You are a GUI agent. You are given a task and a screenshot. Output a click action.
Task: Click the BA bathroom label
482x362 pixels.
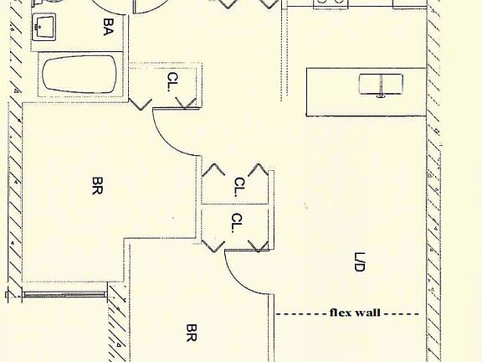[x=108, y=27]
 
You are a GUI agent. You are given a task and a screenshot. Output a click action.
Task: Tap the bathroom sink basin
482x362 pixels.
[x=44, y=27]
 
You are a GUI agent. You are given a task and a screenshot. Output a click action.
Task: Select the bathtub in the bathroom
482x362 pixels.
[x=79, y=75]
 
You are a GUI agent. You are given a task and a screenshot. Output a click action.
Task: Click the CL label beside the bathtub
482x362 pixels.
[x=173, y=81]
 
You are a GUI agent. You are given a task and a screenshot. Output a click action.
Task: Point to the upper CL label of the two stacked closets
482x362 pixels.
[x=239, y=187]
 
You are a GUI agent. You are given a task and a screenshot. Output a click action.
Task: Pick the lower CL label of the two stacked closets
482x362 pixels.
[x=237, y=223]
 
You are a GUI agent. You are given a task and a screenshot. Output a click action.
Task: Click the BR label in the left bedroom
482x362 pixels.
[x=97, y=186]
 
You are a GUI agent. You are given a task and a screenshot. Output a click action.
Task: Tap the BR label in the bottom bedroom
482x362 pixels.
[x=191, y=333]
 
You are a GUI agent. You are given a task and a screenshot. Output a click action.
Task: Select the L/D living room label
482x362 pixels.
[x=359, y=262]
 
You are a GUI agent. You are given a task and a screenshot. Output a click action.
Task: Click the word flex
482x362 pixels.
[x=341, y=313]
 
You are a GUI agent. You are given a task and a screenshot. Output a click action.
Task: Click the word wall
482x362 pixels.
[x=367, y=313]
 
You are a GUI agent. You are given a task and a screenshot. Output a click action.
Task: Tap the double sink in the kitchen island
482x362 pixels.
[x=381, y=84]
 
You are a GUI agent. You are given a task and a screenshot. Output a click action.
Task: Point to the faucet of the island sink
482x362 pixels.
[x=382, y=87]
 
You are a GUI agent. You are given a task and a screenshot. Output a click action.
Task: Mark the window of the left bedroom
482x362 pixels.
[x=64, y=295]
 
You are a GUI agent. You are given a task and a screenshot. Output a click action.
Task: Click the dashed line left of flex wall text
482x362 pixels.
[x=301, y=314]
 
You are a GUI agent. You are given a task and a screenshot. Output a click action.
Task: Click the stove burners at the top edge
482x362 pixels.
[x=331, y=3]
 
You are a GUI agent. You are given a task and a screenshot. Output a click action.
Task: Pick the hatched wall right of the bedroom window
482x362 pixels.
[x=118, y=323]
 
